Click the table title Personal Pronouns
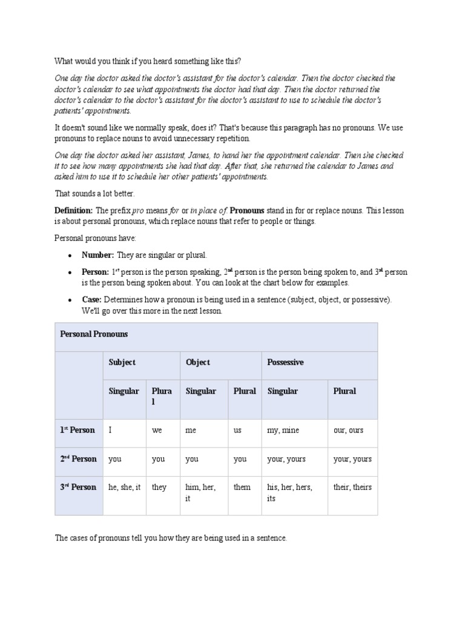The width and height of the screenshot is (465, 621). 93,334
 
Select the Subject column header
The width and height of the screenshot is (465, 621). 122,362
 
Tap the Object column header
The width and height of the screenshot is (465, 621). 198,362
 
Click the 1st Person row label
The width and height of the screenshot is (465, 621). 77,430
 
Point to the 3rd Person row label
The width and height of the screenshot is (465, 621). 78,487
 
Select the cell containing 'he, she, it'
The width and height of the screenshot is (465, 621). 124,487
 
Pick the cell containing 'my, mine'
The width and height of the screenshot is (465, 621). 283,430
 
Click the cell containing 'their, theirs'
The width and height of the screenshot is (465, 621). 352,487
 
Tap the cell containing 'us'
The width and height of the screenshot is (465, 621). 238,430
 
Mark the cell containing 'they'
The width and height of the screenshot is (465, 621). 159,487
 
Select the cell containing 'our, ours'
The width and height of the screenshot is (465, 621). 348,430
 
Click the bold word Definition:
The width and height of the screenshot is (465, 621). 74,210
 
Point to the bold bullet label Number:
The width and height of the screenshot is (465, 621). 98,255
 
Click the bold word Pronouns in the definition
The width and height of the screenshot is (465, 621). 247,210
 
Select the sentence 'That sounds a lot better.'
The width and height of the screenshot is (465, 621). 95,193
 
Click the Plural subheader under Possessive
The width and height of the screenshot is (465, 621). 345,391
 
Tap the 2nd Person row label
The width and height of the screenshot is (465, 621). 78,459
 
